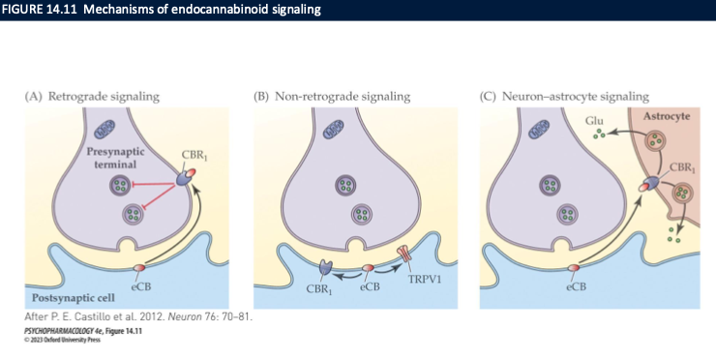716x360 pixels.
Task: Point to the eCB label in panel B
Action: click(x=369, y=286)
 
